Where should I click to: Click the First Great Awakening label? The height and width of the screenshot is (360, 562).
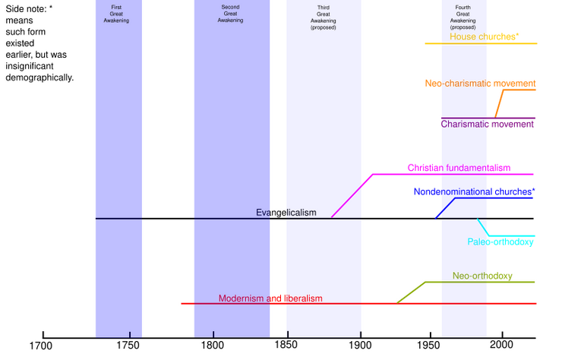point(116,14)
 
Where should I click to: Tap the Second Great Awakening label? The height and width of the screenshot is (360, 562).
point(230,14)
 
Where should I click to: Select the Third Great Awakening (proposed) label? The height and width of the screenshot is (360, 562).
point(324,17)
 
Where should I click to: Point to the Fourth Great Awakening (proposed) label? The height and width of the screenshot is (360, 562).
point(463,17)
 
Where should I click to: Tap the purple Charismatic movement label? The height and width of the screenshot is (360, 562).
point(486,123)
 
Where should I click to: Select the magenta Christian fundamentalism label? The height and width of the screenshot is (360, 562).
point(459,166)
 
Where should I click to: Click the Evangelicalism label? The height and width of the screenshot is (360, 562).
point(286,213)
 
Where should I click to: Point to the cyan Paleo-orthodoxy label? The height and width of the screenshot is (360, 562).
point(500,242)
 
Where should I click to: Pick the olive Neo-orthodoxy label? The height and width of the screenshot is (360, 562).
point(483,275)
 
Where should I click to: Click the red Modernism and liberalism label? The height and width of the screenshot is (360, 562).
point(270,298)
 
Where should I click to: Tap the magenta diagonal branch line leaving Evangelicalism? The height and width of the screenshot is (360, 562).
point(350,197)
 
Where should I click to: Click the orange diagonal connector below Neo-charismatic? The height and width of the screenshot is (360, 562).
point(499,102)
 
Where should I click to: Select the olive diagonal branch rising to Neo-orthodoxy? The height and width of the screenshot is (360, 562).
point(411,292)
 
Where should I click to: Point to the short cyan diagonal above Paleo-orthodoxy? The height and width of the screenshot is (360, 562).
point(482,226)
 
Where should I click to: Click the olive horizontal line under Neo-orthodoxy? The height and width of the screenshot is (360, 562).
point(480,283)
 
